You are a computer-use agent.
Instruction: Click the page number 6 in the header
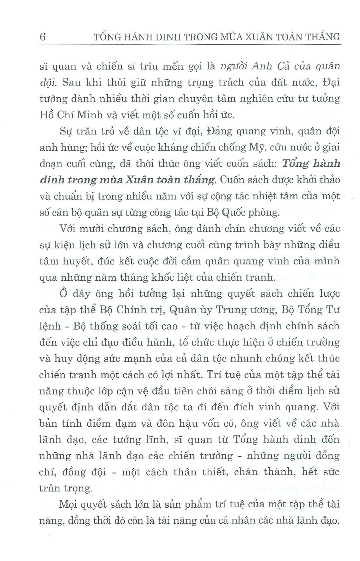point(43,37)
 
